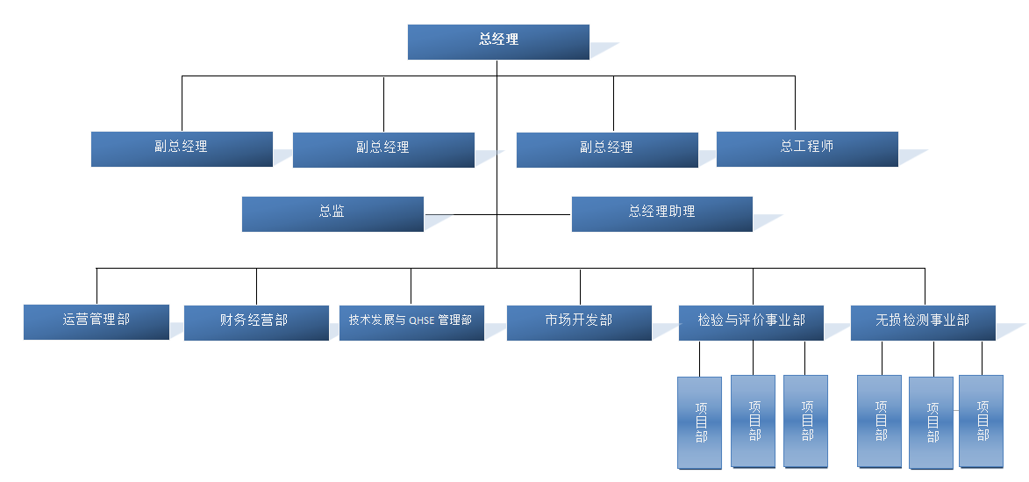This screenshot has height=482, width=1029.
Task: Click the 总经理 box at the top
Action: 498,41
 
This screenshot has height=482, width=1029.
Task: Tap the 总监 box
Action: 332,213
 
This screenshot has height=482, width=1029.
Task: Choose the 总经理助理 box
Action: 661,213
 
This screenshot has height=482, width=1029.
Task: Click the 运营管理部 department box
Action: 96,321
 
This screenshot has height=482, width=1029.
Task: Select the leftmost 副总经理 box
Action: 182,148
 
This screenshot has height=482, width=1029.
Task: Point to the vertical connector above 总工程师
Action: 795,104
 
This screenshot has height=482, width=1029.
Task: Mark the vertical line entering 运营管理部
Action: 96,286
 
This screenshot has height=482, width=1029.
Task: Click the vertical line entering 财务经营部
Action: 256,286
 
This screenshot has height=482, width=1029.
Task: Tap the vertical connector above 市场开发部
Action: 580,286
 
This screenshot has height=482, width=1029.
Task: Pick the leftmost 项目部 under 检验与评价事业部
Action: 700,422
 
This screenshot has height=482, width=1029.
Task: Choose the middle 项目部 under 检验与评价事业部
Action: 754,421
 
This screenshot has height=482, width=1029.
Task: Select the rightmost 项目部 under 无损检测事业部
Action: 982,421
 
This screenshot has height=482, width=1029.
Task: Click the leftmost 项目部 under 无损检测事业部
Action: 880,421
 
